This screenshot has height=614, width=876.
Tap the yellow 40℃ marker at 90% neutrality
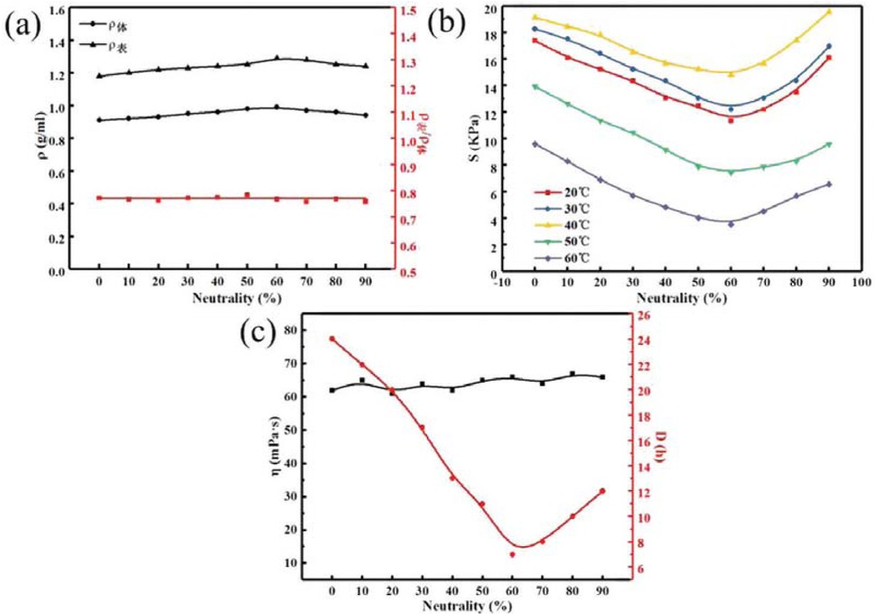[828, 12]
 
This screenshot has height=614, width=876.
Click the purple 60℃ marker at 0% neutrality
[536, 144]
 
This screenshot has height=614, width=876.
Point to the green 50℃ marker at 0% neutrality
[536, 87]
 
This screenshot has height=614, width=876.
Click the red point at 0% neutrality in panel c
[332, 339]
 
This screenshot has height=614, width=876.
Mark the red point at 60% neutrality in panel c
[512, 554]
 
